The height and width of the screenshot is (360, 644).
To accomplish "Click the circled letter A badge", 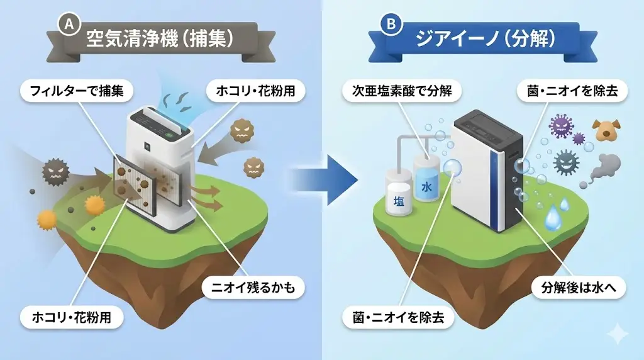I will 66,24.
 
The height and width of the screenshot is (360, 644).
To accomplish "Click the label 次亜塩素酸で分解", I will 401,91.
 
